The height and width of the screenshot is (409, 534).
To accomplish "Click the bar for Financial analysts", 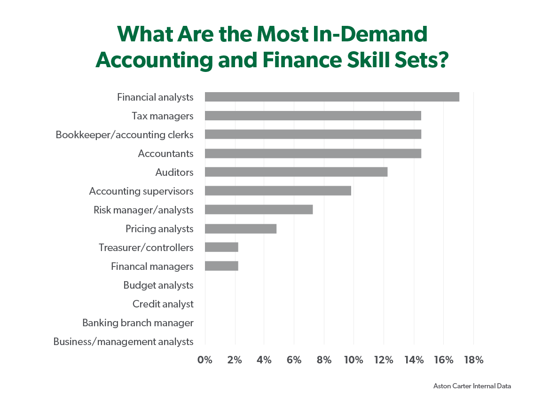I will pyautogui.click(x=332, y=97).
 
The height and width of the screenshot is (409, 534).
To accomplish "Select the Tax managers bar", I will pyautogui.click(x=313, y=116).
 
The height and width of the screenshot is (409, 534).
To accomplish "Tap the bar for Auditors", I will pyautogui.click(x=296, y=172).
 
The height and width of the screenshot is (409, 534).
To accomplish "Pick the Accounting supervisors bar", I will pyautogui.click(x=278, y=191).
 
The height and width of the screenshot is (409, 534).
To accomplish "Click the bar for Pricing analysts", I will pyautogui.click(x=241, y=228).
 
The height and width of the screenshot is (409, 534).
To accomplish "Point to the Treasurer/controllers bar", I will pyautogui.click(x=221, y=247).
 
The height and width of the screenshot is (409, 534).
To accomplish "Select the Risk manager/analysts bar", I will pyautogui.click(x=259, y=210).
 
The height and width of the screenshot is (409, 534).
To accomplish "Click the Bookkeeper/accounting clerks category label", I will pyautogui.click(x=125, y=135).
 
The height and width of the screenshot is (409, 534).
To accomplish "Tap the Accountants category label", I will pyautogui.click(x=165, y=154).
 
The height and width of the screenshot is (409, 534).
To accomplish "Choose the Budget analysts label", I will pyautogui.click(x=158, y=285).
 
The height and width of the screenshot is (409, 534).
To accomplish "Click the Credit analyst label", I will pyautogui.click(x=163, y=304).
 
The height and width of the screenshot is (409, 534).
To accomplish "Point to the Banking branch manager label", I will pyautogui.click(x=138, y=323).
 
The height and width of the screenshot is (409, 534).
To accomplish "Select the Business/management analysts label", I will pyautogui.click(x=123, y=342).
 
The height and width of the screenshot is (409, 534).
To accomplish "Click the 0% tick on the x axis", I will pyautogui.click(x=205, y=360).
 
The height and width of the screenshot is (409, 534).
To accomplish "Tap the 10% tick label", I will pyautogui.click(x=353, y=360).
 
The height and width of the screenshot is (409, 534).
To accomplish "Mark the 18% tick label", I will pyautogui.click(x=473, y=360).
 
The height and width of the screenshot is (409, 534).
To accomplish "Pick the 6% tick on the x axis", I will pyautogui.click(x=294, y=360).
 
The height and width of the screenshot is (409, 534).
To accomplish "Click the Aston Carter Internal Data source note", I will pyautogui.click(x=471, y=386).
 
